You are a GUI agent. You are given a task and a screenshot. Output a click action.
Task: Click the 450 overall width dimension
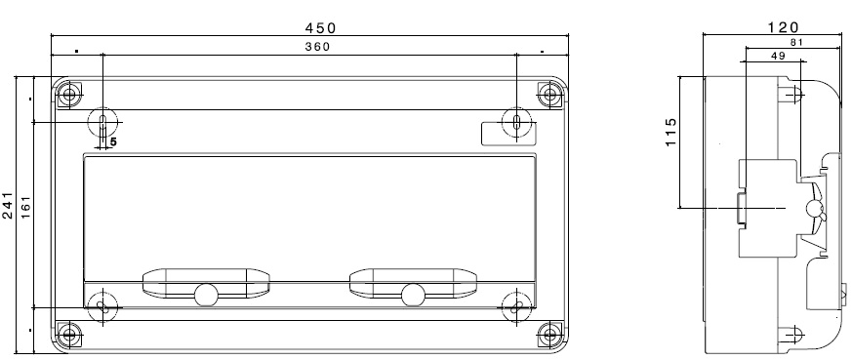[320, 27]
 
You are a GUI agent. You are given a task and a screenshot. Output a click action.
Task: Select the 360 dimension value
[317, 47]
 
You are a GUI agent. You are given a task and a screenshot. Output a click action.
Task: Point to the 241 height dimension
[8, 205]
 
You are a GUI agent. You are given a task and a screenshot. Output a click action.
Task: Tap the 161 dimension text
[25, 208]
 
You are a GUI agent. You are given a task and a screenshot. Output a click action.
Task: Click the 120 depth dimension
[783, 27]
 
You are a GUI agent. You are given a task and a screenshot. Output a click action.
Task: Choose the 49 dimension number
[778, 56]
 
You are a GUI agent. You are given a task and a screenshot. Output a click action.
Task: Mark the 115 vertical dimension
[671, 132]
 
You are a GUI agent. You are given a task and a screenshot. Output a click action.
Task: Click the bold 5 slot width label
[113, 142]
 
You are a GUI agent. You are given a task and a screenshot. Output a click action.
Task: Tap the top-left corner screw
[68, 96]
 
